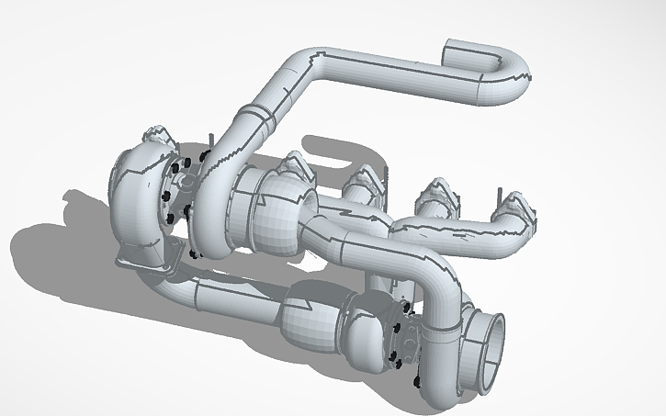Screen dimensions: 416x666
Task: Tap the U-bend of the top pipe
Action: click(511, 79)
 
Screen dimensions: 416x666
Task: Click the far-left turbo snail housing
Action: click(138, 197)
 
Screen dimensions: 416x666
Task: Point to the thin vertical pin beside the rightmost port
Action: click(499, 196)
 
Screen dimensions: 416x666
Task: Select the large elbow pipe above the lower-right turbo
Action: click(441, 289)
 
